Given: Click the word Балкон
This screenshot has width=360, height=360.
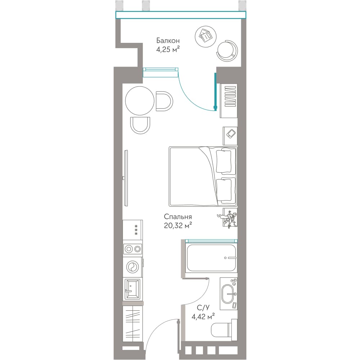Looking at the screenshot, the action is point(168,41).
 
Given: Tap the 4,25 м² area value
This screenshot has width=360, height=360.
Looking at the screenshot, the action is point(168,49).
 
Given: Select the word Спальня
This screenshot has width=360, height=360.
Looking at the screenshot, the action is point(178,217).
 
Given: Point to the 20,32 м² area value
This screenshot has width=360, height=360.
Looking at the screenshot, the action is point(178,226).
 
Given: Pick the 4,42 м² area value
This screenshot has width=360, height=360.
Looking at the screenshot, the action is point(203,316).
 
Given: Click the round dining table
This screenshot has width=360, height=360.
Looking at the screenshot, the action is point(140,100).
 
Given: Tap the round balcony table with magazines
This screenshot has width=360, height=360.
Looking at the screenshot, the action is point(206,36).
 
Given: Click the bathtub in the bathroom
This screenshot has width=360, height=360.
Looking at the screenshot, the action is point(211,258).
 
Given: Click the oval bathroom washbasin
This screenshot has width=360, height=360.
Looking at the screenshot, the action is point(229,294).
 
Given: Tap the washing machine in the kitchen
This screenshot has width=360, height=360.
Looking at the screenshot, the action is point(132,267).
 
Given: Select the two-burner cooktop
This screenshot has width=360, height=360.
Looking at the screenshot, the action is point(132,249).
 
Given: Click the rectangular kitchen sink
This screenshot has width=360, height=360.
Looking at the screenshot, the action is point(132,289).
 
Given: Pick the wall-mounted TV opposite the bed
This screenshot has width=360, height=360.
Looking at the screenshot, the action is point(126,178).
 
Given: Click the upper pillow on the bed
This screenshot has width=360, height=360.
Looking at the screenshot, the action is point(224,161).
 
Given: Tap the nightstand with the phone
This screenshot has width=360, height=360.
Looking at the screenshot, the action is point(230,135).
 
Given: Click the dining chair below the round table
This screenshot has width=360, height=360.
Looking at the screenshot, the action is point(140,125).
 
